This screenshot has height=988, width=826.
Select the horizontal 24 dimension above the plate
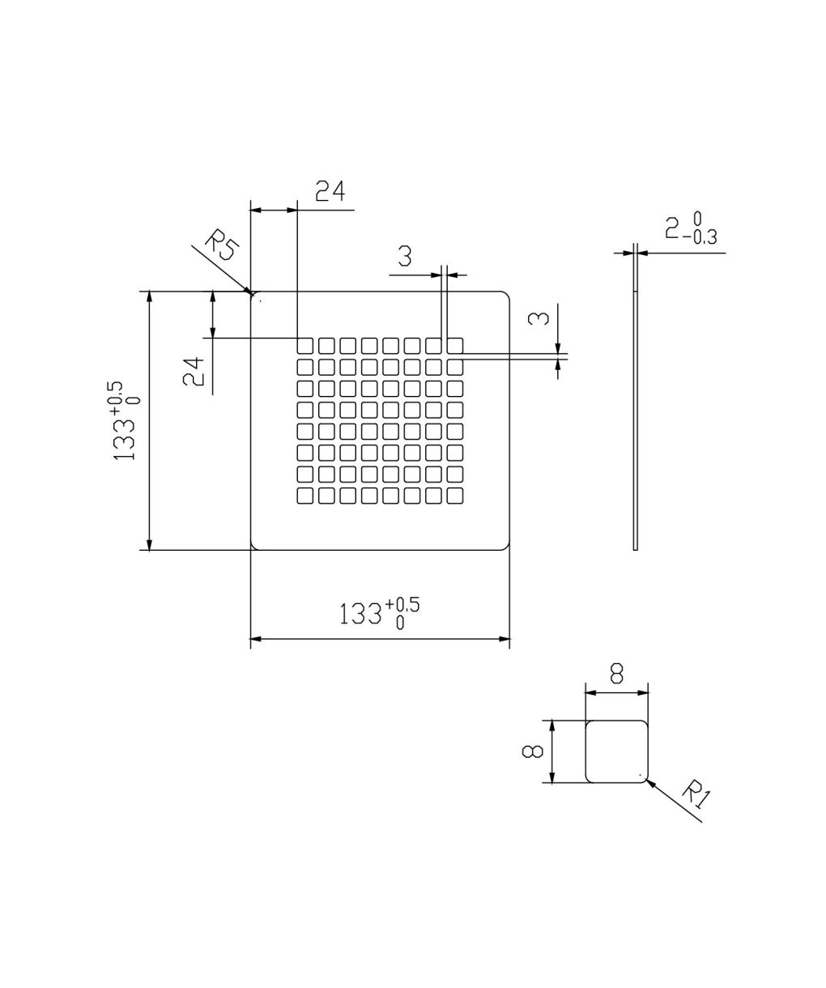(x=330, y=191)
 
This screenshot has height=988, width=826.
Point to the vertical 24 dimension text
(x=194, y=372)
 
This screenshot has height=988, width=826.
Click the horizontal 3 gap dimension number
(x=404, y=257)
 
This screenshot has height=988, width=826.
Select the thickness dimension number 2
(x=672, y=228)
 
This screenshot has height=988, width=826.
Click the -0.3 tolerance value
(x=699, y=237)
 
